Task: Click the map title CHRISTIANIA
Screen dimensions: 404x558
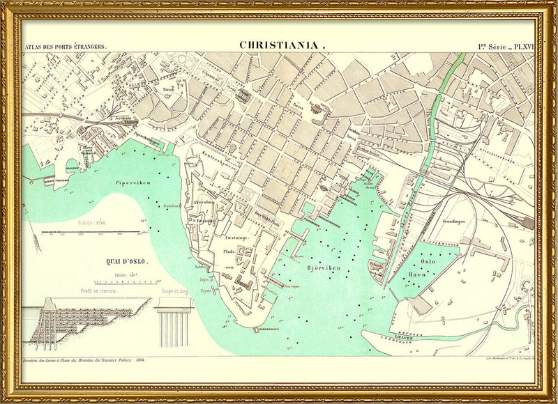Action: point(282,45)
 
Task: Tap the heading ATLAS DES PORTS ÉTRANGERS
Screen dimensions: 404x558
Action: point(66,47)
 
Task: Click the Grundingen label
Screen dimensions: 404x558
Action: point(453,221)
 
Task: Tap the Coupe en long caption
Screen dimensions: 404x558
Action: point(174,290)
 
